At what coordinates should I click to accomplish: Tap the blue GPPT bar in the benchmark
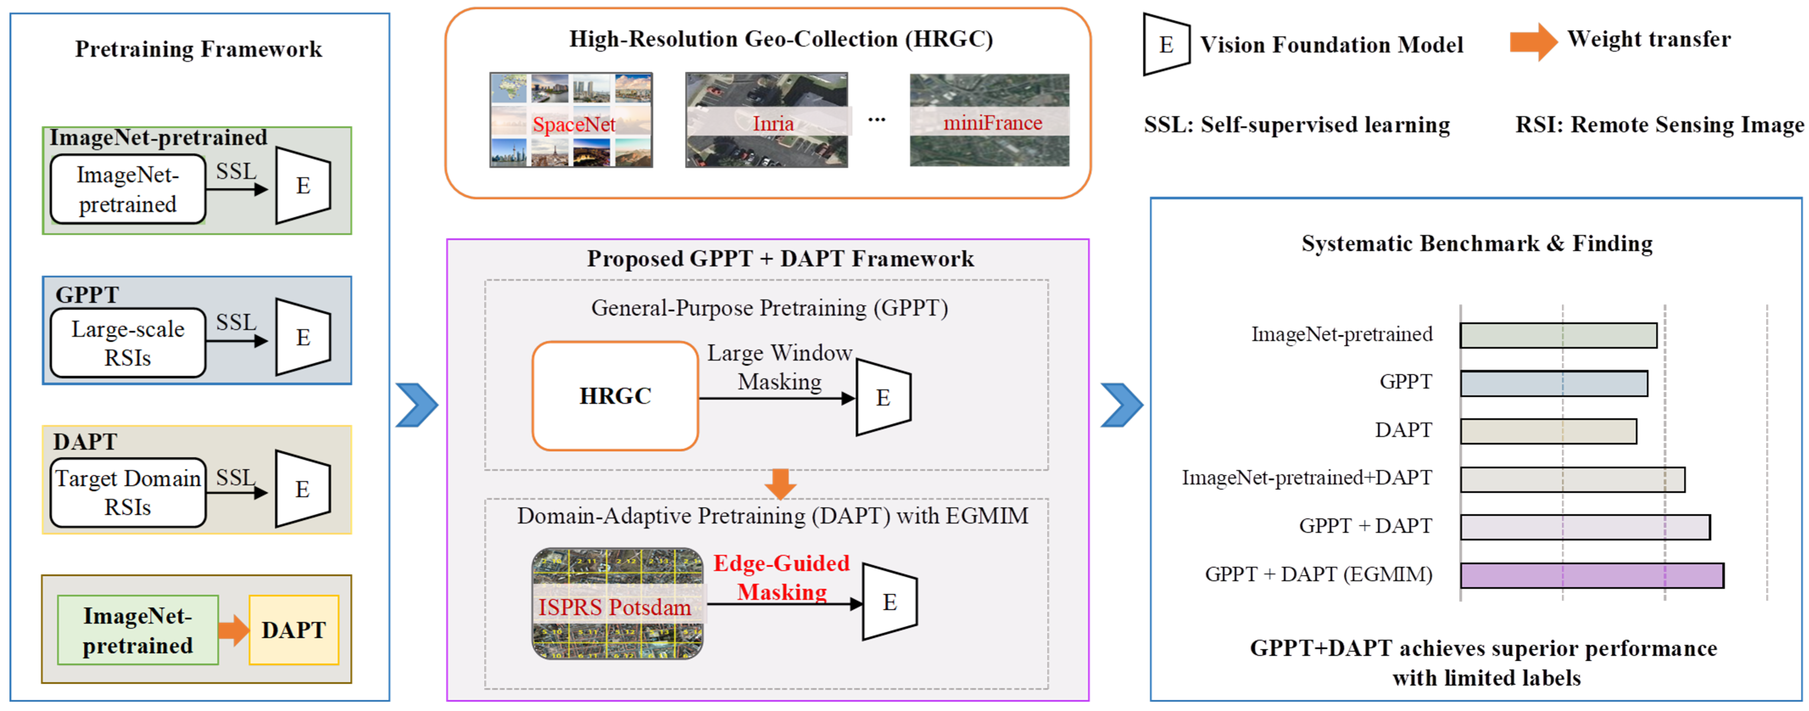point(1553,383)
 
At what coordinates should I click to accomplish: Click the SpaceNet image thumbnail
point(571,120)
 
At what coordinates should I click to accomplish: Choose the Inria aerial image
point(766,120)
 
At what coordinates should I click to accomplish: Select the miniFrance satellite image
point(989,120)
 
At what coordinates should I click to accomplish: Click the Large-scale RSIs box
point(128,343)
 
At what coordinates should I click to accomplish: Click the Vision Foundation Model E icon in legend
point(1166,44)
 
